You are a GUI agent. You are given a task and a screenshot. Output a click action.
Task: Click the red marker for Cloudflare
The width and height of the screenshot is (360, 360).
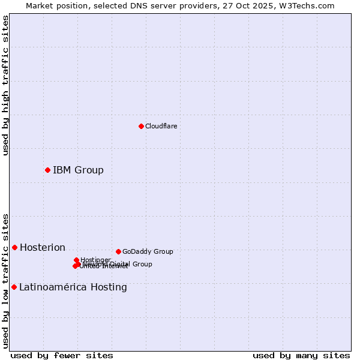(141, 126)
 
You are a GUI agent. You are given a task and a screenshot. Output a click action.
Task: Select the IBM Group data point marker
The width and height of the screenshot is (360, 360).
(47, 170)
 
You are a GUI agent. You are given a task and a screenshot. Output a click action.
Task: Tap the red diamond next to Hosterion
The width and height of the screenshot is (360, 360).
(14, 247)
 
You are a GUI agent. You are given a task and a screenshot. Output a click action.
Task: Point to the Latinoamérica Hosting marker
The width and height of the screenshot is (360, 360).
(14, 287)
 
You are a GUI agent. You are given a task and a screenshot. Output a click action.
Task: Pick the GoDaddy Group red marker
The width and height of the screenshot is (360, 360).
(118, 251)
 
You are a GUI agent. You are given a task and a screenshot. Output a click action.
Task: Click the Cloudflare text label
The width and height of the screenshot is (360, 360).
(161, 126)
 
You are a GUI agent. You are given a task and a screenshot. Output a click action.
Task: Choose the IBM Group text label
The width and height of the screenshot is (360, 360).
(78, 170)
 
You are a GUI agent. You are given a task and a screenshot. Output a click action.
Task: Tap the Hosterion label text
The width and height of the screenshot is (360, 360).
(43, 248)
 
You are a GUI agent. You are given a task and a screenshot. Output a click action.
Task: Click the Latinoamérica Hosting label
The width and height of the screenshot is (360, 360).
(73, 287)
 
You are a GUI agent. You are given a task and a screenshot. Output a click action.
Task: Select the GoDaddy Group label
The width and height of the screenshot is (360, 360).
(148, 252)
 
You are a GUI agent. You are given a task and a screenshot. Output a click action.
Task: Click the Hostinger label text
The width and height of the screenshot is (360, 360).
(95, 260)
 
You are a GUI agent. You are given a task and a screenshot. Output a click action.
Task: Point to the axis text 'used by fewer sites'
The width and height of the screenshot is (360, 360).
(62, 355)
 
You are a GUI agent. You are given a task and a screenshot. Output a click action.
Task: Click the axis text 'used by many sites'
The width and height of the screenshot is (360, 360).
(301, 355)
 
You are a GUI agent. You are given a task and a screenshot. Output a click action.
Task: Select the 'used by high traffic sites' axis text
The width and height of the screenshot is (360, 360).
(5, 86)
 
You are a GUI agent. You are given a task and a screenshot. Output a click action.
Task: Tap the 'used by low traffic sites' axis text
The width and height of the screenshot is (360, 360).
(5, 280)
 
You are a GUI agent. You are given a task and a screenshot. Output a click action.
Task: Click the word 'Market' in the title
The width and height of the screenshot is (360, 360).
(40, 5)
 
